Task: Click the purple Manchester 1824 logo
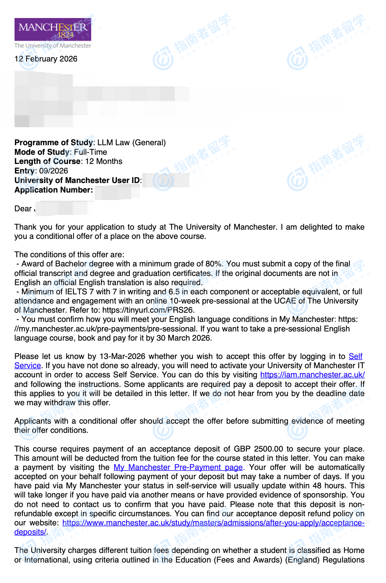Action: (x=53, y=29)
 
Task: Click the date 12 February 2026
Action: (x=46, y=59)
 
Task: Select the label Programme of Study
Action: (x=54, y=143)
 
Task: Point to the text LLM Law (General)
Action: (x=131, y=143)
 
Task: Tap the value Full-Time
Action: (x=90, y=152)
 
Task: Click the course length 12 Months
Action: (x=104, y=161)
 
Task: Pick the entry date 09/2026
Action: (x=53, y=171)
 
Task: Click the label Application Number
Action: (x=54, y=190)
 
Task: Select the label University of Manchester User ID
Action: (x=77, y=181)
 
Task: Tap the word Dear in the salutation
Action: (x=23, y=209)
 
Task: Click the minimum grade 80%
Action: (x=214, y=264)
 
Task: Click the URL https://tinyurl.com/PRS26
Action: (x=148, y=310)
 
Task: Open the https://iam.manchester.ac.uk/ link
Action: (x=312, y=375)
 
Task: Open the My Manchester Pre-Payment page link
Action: (x=178, y=467)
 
